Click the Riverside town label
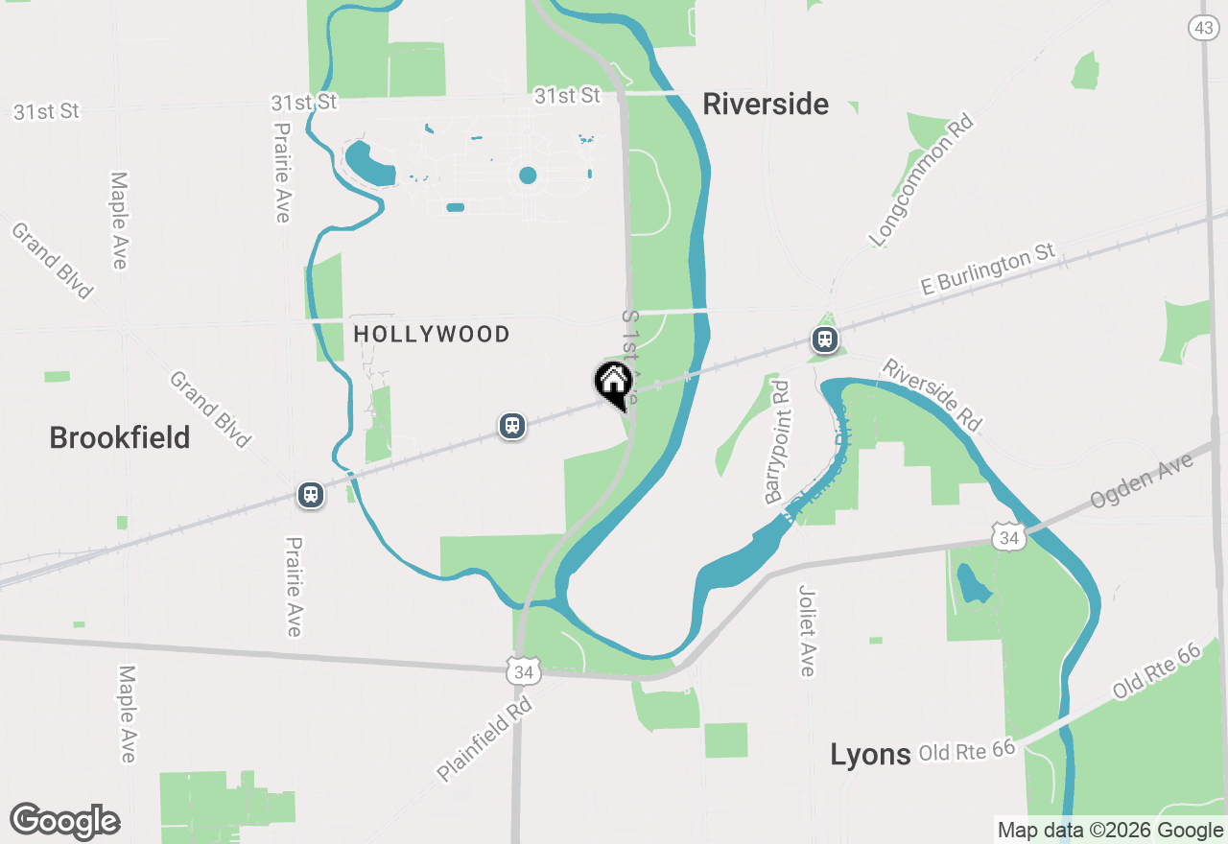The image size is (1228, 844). coord(766,104)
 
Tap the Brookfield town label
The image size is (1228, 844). coord(120,438)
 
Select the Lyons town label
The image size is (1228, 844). coord(870,755)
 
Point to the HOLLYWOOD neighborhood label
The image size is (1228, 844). coord(432,334)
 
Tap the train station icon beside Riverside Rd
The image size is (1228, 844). coord(824,340)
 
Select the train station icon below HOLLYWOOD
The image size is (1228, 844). coord(512,426)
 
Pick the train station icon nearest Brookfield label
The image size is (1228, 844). coord(310,495)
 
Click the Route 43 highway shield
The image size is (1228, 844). coord(1204,27)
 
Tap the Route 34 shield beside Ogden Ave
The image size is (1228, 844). coord(1008,538)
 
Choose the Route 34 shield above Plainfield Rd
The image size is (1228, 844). coord(523,671)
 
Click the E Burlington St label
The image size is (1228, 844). coord(987,270)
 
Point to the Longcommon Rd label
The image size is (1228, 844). coord(920,180)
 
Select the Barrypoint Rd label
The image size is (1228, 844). coord(778,442)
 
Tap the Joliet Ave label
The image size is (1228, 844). coord(807,629)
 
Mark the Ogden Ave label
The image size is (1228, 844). coord(1142,481)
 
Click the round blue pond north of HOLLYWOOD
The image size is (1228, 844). coord(528,175)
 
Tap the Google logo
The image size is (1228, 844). coord(65,821)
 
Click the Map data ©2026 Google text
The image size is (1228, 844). coord(1110,831)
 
